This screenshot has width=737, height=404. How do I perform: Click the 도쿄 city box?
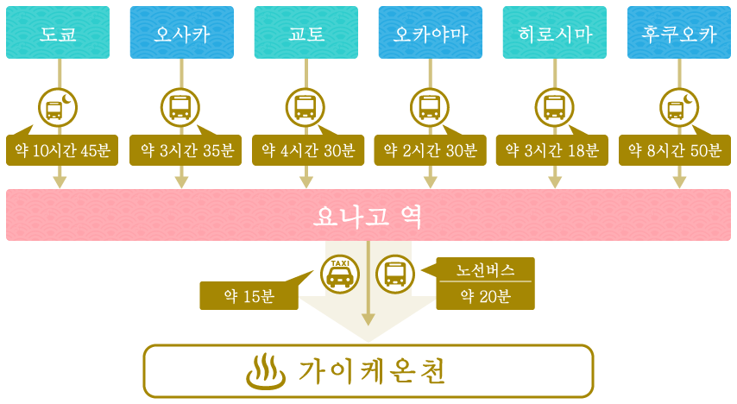tap(58, 33)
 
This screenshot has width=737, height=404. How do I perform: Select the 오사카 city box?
tap(182, 33)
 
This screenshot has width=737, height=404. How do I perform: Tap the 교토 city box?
tap(306, 33)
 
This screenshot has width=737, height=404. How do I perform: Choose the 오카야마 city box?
tap(431, 33)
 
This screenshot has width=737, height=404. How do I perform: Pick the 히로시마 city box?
tap(555, 33)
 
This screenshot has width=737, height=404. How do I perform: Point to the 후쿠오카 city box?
tap(679, 33)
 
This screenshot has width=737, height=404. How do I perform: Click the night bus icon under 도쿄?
tap(58, 108)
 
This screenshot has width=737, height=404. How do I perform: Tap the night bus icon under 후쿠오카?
tap(679, 108)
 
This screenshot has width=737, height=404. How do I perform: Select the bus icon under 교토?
tap(306, 108)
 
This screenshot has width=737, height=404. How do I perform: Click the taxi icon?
tap(340, 275)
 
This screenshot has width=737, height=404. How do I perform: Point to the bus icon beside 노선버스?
tap(395, 275)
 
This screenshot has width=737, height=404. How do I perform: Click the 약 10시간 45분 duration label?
tap(62, 150)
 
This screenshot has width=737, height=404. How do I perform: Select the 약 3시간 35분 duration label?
tap(186, 150)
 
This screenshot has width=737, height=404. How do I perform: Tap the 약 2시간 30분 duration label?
tap(430, 150)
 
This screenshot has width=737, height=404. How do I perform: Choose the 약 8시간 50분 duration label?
tap(675, 150)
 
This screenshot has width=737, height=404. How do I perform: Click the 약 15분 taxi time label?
tap(249, 296)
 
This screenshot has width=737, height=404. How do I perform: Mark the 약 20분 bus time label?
tap(486, 296)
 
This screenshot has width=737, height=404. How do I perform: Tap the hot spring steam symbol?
tap(266, 372)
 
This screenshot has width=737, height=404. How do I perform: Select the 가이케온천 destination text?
tap(371, 371)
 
